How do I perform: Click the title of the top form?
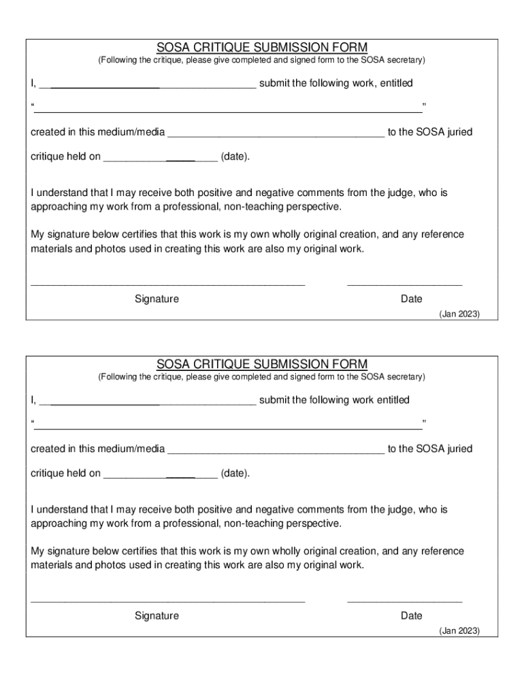[x=262, y=47]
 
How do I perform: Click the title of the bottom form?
[x=262, y=363]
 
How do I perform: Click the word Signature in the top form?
[x=157, y=299]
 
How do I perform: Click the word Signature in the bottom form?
[x=157, y=615]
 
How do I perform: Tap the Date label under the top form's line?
[x=411, y=299]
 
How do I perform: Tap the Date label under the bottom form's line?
[x=411, y=615]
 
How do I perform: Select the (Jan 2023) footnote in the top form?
[x=459, y=314]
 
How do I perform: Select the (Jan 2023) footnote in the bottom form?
[x=459, y=630]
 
